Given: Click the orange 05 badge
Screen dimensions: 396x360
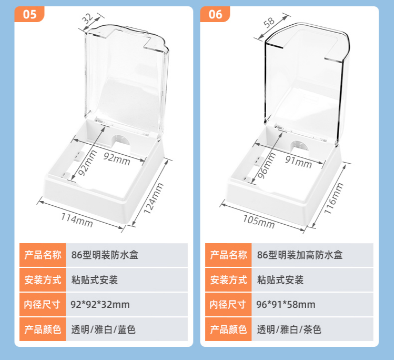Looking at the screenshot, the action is tap(29, 14).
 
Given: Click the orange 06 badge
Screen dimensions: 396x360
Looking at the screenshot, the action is tap(215, 14).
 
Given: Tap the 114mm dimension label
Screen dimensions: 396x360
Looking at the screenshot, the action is tap(77, 220).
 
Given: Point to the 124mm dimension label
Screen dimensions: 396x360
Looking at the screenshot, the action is tap(154, 198).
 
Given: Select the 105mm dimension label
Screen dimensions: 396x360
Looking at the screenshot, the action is tap(259, 222).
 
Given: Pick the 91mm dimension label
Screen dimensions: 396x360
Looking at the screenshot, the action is tap(299, 162).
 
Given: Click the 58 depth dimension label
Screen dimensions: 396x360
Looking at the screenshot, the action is tap(269, 22).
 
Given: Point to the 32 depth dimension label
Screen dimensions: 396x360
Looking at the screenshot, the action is tap(87, 19).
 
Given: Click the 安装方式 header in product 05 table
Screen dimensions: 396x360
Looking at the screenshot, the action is tap(43, 279).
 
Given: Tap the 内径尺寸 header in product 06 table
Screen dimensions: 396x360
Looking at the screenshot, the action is tap(228, 304).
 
